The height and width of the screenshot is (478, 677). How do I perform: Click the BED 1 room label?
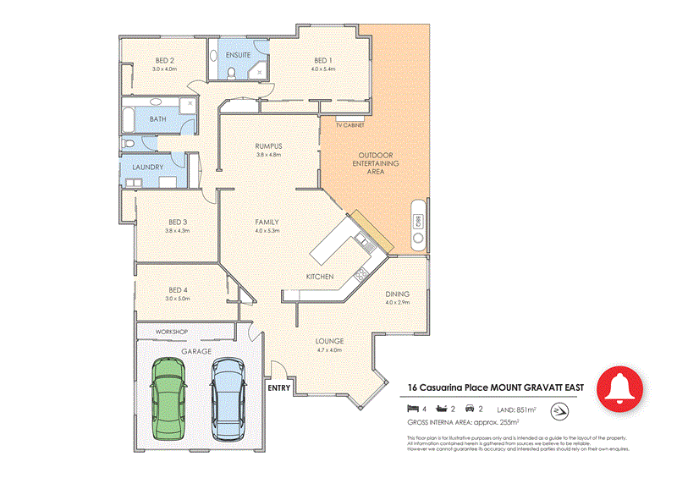tap(322, 60)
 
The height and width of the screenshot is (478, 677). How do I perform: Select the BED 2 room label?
tap(165, 60)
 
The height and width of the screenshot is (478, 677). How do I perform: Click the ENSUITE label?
tap(237, 55)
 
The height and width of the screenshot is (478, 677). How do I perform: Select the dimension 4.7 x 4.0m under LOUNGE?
tap(328, 349)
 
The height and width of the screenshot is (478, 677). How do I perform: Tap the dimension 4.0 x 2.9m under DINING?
tap(397, 302)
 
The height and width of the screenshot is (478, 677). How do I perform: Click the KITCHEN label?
tap(319, 277)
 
